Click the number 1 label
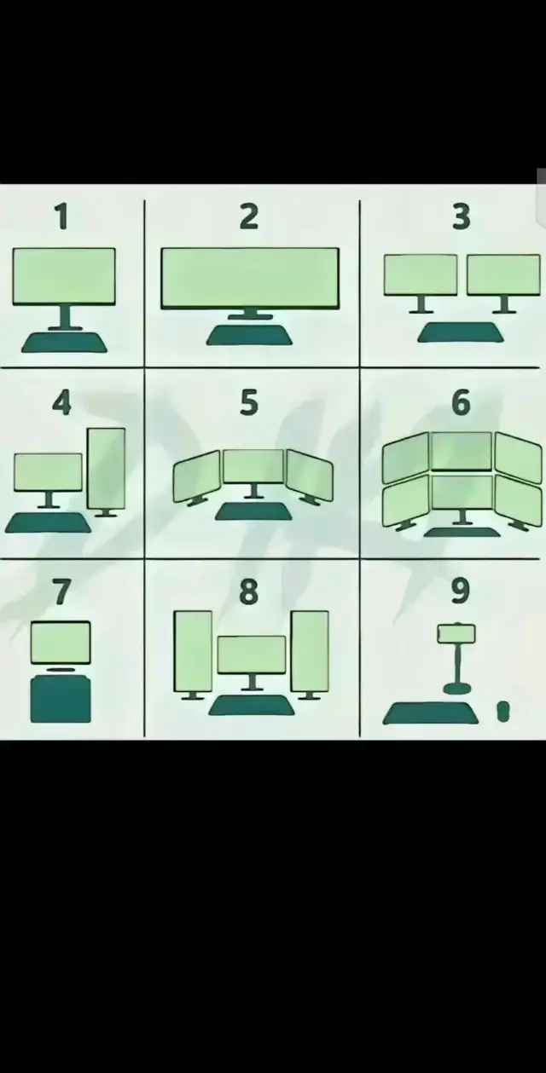(x=61, y=216)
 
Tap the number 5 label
(x=249, y=401)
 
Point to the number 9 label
(x=461, y=591)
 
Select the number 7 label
(x=61, y=591)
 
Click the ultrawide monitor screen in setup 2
(x=250, y=278)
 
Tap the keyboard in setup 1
(x=64, y=343)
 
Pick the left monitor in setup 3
(x=421, y=274)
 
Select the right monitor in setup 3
(x=504, y=274)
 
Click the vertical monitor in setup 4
(x=107, y=469)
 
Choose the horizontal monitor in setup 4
(x=48, y=472)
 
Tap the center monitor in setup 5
(x=253, y=466)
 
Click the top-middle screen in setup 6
(x=462, y=451)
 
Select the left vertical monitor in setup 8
(x=193, y=651)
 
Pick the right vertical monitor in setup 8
(x=310, y=651)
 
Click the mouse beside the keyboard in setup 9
(x=502, y=712)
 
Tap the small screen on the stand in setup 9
(x=456, y=633)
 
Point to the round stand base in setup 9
(x=456, y=689)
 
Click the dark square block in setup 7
(x=61, y=700)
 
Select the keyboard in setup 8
(x=252, y=706)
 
